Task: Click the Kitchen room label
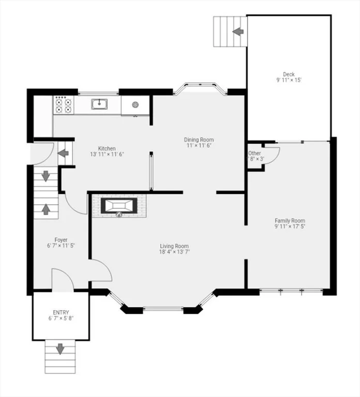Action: (107, 148)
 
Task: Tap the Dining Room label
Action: (199, 140)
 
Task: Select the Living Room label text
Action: (174, 246)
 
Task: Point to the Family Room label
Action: (290, 221)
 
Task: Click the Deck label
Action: (289, 74)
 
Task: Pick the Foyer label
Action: (61, 240)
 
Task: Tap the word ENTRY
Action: (61, 312)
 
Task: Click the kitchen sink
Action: (99, 104)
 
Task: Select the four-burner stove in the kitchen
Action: (64, 105)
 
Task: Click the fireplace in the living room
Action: (119, 205)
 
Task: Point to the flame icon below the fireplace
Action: (119, 215)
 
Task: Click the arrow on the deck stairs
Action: (238, 32)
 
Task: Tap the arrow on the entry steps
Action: (60, 349)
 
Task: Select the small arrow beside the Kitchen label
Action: (63, 153)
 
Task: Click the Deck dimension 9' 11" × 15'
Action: (289, 80)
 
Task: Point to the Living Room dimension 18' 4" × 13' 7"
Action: (174, 252)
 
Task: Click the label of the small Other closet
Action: (254, 153)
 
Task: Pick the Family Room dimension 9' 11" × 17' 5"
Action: (290, 226)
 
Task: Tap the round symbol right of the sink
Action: (136, 104)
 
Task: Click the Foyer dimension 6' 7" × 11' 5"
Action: (61, 246)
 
